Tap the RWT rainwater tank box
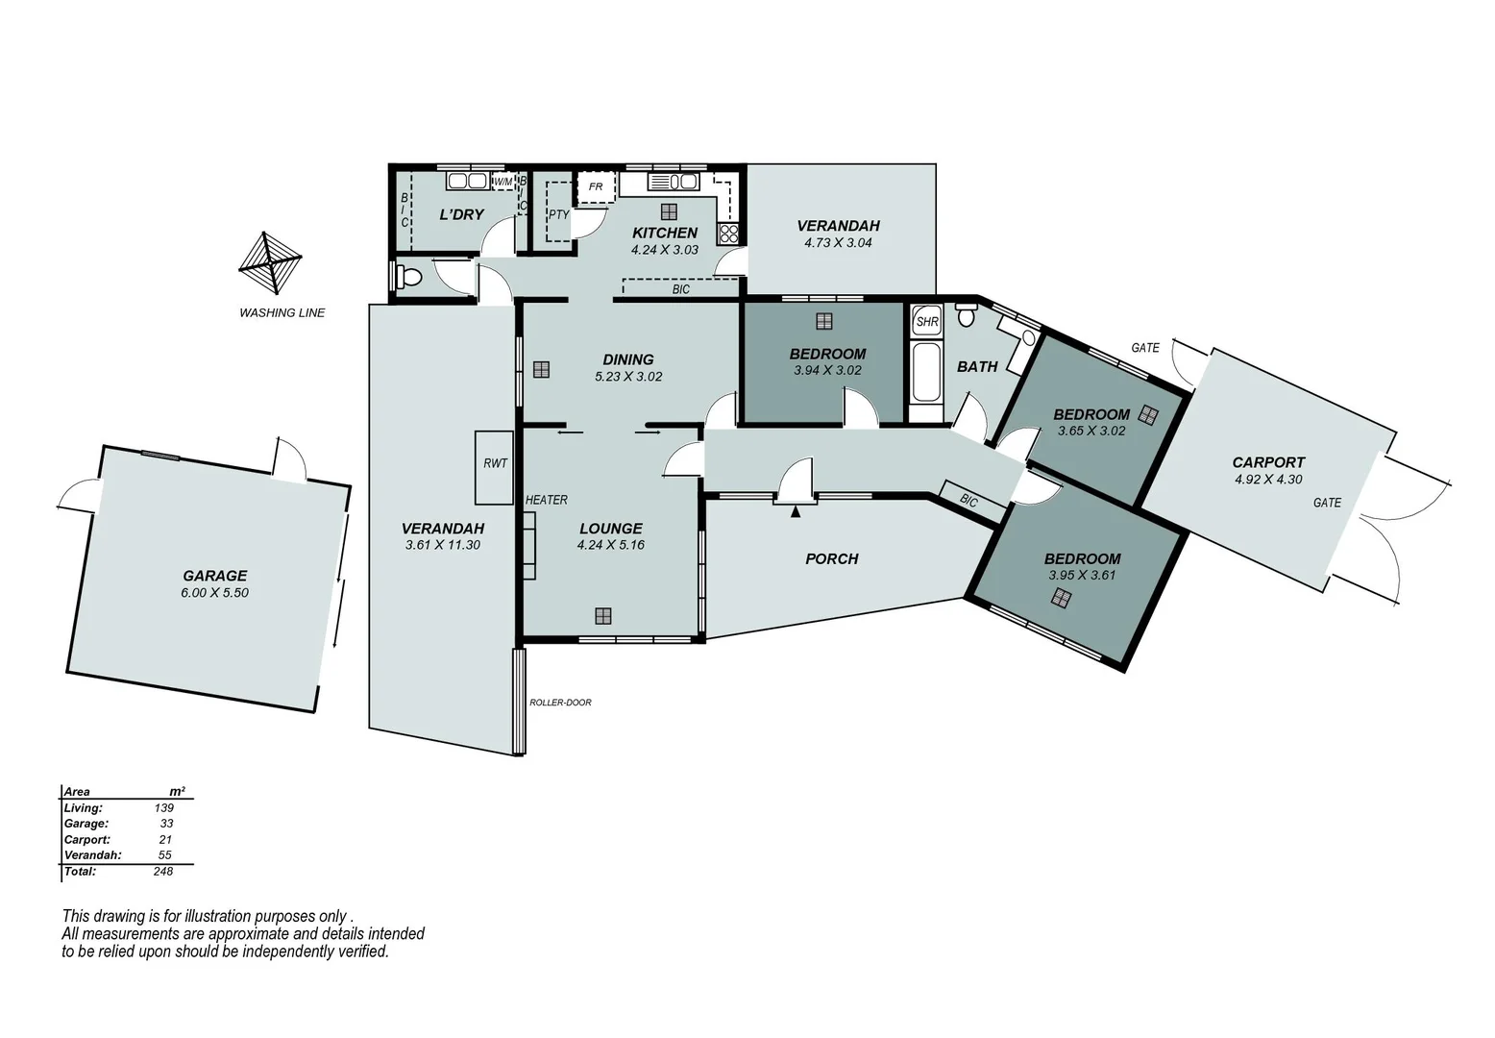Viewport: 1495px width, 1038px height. (495, 467)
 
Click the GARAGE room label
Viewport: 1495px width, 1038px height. (214, 576)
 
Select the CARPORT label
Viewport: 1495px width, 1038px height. (1268, 462)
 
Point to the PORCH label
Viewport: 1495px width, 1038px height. (831, 558)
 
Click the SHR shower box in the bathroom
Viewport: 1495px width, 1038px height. (927, 322)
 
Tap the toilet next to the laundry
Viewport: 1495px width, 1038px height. (408, 278)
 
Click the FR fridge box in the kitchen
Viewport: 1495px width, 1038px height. (596, 187)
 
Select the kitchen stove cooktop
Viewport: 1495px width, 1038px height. (728, 233)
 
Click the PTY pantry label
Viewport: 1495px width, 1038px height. (558, 214)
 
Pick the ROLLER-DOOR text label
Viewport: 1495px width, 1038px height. (560, 703)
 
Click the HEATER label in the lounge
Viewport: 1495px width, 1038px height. (546, 500)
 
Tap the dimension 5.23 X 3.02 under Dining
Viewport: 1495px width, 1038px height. (628, 377)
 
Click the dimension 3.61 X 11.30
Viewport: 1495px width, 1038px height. (442, 545)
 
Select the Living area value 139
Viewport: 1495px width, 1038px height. (163, 808)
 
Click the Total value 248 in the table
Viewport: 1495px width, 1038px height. (162, 872)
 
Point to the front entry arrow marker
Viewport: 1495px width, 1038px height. (795, 512)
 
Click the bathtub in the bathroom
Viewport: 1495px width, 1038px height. (926, 375)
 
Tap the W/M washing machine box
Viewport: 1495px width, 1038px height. (503, 182)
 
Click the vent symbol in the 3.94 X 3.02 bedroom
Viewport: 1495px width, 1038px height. (823, 321)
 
